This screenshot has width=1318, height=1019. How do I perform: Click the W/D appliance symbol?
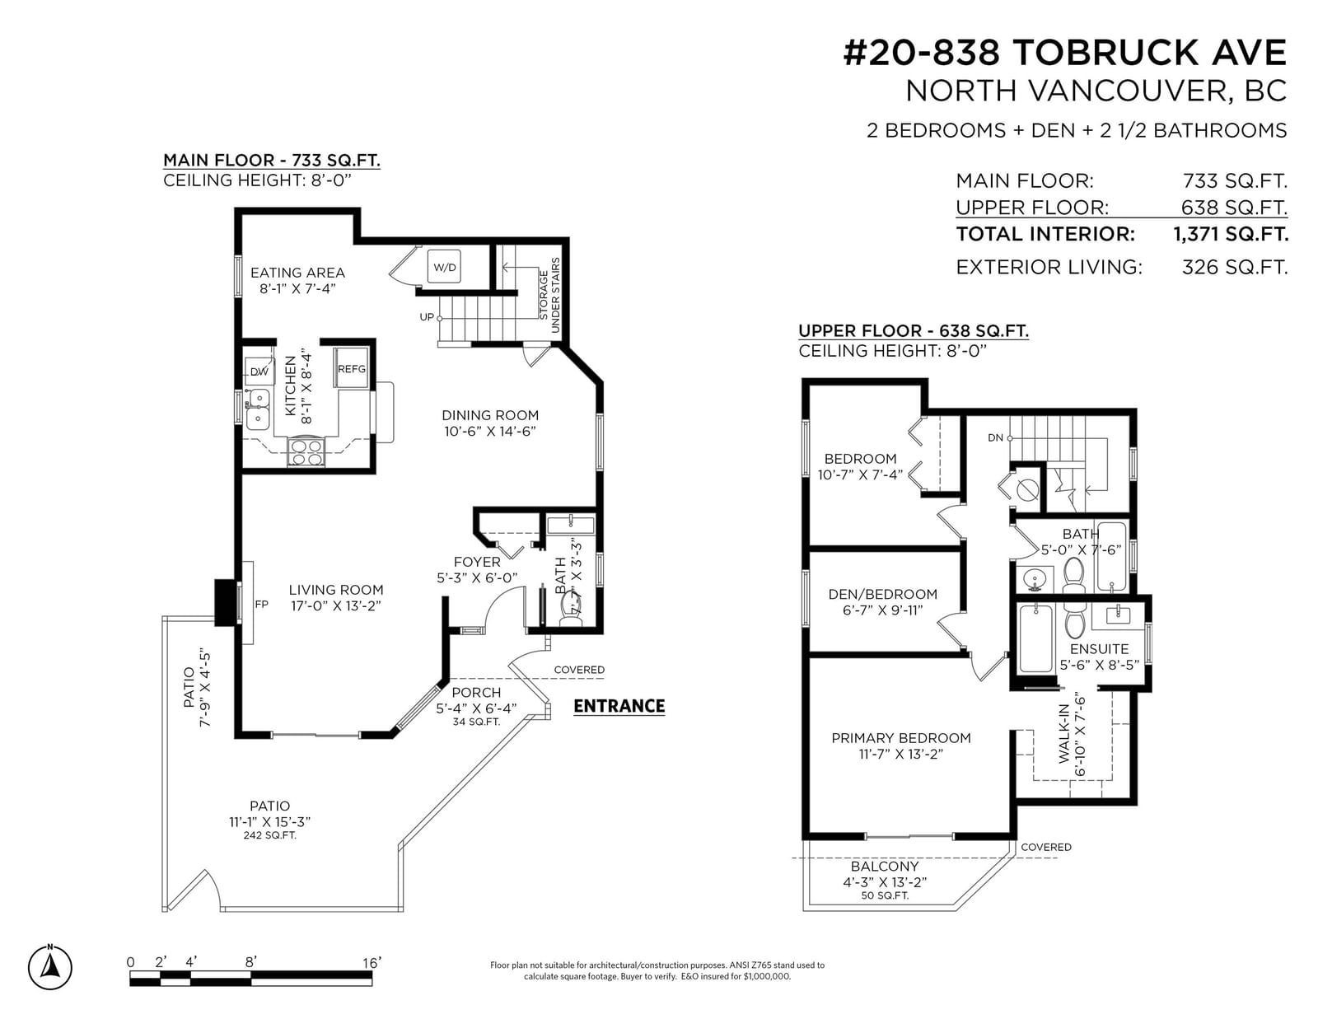click(443, 266)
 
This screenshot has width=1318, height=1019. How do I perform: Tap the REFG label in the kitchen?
click(351, 369)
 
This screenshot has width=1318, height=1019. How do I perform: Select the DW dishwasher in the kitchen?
click(259, 372)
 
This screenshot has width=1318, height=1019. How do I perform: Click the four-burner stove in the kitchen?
click(306, 452)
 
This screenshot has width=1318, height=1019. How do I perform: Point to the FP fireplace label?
click(261, 604)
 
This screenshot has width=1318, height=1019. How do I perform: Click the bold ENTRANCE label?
click(619, 706)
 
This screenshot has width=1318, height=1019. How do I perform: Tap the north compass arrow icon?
click(50, 967)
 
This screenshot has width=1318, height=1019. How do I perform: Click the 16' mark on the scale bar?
click(372, 963)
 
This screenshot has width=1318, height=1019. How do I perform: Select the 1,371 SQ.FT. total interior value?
click(1231, 234)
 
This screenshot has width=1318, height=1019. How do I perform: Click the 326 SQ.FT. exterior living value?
click(1234, 267)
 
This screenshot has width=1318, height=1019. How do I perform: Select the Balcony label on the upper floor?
click(885, 866)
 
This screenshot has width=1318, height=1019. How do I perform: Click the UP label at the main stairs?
click(427, 317)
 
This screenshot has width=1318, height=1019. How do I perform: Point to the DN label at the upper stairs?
click(995, 438)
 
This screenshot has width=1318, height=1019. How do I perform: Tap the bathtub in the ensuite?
click(1035, 638)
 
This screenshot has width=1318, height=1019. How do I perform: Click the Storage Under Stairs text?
click(549, 295)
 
